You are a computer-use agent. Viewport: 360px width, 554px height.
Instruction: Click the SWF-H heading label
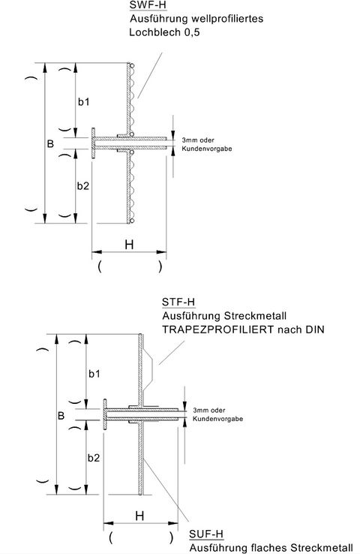point(148,5)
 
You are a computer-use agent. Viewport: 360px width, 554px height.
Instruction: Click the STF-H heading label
point(178,302)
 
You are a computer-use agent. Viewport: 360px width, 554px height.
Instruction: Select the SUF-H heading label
point(206,534)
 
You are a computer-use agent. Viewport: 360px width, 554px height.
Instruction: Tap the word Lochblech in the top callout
point(155,32)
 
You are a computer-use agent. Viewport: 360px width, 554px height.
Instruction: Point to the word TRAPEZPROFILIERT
point(217,330)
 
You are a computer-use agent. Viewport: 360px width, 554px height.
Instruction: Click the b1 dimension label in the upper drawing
point(84,102)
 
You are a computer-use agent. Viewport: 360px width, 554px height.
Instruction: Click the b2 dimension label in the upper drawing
point(83,186)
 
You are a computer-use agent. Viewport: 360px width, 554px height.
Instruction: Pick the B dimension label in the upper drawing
point(50,144)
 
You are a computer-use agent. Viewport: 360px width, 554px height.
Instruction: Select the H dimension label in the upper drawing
point(129,245)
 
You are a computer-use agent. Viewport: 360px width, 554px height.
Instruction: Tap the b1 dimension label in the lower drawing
point(94,373)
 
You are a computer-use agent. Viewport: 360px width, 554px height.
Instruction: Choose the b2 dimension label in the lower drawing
point(94,458)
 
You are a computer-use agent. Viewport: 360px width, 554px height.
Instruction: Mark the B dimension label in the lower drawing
point(61,416)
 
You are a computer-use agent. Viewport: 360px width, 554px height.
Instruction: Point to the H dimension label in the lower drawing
point(139,516)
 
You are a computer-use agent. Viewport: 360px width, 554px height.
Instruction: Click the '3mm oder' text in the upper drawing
point(198,140)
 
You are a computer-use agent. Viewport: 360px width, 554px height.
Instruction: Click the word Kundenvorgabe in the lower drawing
point(217,419)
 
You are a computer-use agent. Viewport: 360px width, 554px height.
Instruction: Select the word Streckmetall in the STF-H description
point(255,315)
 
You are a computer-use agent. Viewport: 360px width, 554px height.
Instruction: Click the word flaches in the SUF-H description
point(269,548)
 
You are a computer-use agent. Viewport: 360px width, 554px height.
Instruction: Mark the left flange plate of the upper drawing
point(93,143)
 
